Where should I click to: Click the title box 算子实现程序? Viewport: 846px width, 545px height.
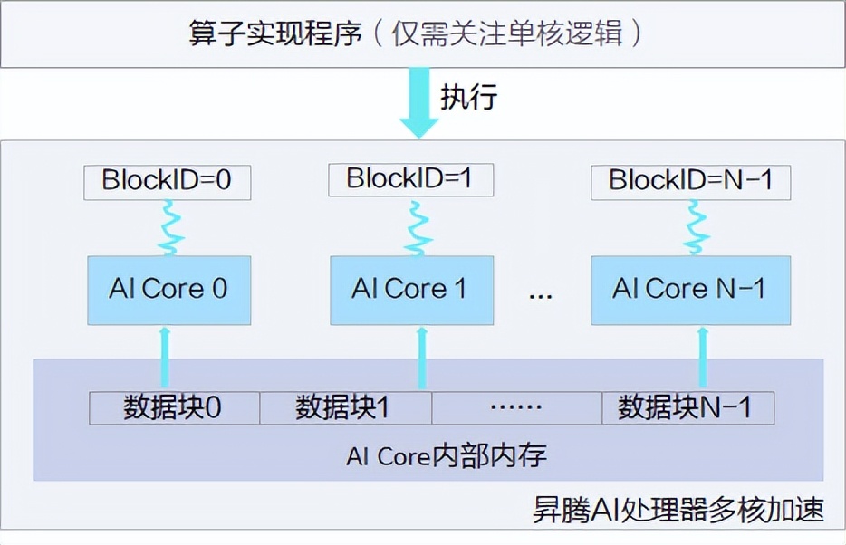coord(422,33)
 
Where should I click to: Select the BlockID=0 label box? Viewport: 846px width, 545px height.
coord(167,181)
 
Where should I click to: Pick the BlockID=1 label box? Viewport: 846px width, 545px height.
coord(410,178)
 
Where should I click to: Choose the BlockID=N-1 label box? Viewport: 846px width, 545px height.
coord(690,181)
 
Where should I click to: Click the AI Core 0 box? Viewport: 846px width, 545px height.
coord(168,290)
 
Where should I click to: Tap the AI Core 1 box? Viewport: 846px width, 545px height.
coord(411,290)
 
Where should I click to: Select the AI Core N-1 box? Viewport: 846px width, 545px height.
coord(689,290)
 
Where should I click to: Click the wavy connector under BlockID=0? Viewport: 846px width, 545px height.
coord(168,227)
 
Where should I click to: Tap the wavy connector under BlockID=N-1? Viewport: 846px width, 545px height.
coord(695,227)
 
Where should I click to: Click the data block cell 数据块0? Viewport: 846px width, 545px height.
coord(174,408)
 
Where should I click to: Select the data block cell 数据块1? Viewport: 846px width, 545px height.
coord(345,408)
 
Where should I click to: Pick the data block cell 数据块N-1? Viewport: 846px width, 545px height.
coord(687,408)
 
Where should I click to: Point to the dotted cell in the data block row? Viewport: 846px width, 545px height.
coord(516,408)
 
